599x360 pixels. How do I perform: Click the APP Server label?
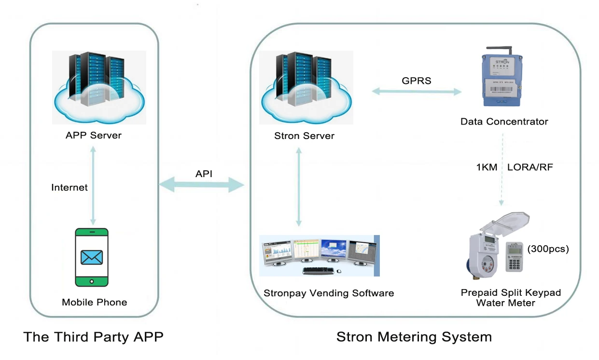(x=94, y=135)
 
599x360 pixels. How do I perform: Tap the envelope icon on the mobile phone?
(x=92, y=257)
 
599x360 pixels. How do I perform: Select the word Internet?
(x=70, y=187)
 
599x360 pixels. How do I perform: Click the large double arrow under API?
(x=201, y=184)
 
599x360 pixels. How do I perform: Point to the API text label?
(x=204, y=174)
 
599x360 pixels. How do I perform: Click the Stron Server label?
(x=304, y=136)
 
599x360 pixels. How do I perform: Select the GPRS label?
(x=417, y=81)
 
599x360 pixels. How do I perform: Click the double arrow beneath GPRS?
(x=417, y=91)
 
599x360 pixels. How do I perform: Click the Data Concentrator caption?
(x=504, y=122)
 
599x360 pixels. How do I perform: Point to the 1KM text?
(x=486, y=167)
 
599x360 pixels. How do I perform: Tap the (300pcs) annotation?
(x=548, y=249)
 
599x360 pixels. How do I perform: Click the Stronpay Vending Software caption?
(x=329, y=293)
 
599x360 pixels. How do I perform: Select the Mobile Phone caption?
(x=95, y=303)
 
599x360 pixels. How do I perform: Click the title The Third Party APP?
(x=94, y=336)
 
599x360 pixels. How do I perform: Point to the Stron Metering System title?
(x=414, y=336)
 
